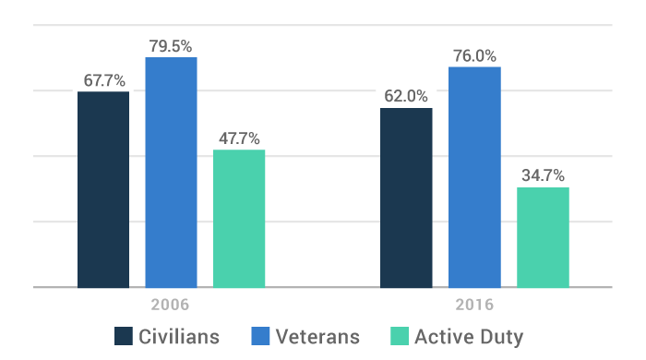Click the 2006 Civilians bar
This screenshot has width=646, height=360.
(103, 189)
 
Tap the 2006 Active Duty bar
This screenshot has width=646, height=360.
(239, 219)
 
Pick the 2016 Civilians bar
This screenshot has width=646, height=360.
(407, 198)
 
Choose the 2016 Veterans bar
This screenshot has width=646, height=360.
(474, 177)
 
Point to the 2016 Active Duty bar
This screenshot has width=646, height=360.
(543, 237)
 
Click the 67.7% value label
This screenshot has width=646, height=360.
(104, 80)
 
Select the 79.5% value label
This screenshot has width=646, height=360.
(172, 45)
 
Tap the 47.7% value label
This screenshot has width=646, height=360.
(240, 138)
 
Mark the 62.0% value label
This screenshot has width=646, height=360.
(407, 96)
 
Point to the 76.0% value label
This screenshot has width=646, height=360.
(475, 55)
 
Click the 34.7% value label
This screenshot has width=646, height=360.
(544, 175)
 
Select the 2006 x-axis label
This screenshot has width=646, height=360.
(171, 304)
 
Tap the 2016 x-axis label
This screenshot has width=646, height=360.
(474, 304)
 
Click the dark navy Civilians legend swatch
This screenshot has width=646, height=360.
(125, 335)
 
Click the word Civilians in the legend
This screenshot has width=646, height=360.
(180, 336)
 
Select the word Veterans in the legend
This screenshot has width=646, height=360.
(318, 336)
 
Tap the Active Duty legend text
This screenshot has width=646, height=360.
(469, 336)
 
